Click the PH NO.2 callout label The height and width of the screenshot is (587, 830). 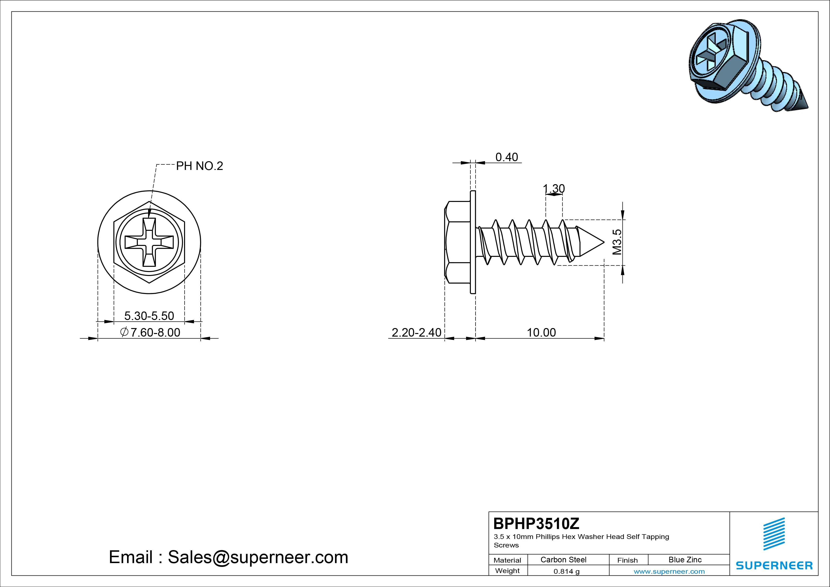pyautogui.click(x=199, y=166)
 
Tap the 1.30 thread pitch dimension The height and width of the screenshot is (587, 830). pyautogui.click(x=554, y=188)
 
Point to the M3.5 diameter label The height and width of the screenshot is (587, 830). pyautogui.click(x=617, y=242)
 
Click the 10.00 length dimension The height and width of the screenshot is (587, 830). pyautogui.click(x=541, y=332)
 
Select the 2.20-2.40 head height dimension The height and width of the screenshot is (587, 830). pyautogui.click(x=416, y=332)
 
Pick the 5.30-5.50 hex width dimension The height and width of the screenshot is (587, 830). pyautogui.click(x=149, y=316)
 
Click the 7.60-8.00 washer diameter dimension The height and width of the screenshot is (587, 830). pyautogui.click(x=150, y=332)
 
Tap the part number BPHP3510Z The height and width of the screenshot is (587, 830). pyautogui.click(x=536, y=523)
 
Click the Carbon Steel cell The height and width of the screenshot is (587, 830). pyautogui.click(x=563, y=560)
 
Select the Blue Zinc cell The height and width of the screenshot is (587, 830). pyautogui.click(x=685, y=560)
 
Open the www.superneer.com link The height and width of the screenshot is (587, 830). pyautogui.click(x=669, y=571)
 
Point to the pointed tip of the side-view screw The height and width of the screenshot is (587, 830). pyautogui.click(x=604, y=242)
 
